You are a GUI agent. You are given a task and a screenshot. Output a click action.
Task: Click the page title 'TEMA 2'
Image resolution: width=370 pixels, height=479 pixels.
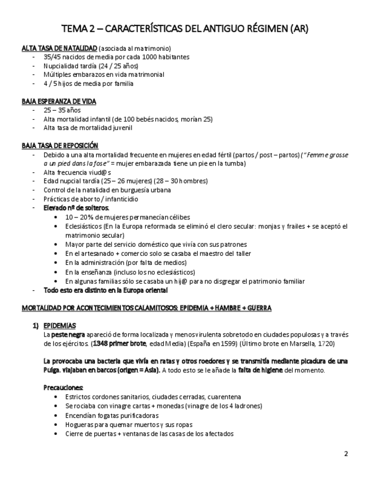tap(79, 28)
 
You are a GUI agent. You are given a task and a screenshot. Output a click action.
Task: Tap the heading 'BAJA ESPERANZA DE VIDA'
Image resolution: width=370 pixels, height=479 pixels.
tap(59, 101)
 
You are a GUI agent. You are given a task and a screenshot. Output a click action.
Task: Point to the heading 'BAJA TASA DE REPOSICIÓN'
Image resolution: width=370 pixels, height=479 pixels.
tap(60, 145)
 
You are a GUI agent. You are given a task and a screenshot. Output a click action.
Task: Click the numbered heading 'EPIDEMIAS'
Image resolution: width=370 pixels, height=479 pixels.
tap(60, 326)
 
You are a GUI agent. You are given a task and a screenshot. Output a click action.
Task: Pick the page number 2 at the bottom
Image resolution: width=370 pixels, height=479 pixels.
tap(346, 454)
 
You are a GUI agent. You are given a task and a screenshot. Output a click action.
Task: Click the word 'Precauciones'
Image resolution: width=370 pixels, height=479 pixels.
tap(63, 387)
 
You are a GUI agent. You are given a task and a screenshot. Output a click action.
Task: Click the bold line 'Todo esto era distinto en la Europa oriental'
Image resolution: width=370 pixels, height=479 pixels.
tap(106, 290)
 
